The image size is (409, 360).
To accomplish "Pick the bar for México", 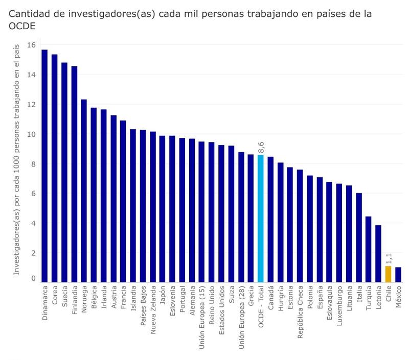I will point(398,275).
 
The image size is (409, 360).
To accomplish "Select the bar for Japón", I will point(162,209).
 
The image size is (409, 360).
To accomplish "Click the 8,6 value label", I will point(261,147).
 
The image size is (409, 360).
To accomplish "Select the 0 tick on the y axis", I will point(33,279).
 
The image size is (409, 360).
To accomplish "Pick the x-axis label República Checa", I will point(300,314).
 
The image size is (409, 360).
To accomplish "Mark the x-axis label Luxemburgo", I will point(339,309).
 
